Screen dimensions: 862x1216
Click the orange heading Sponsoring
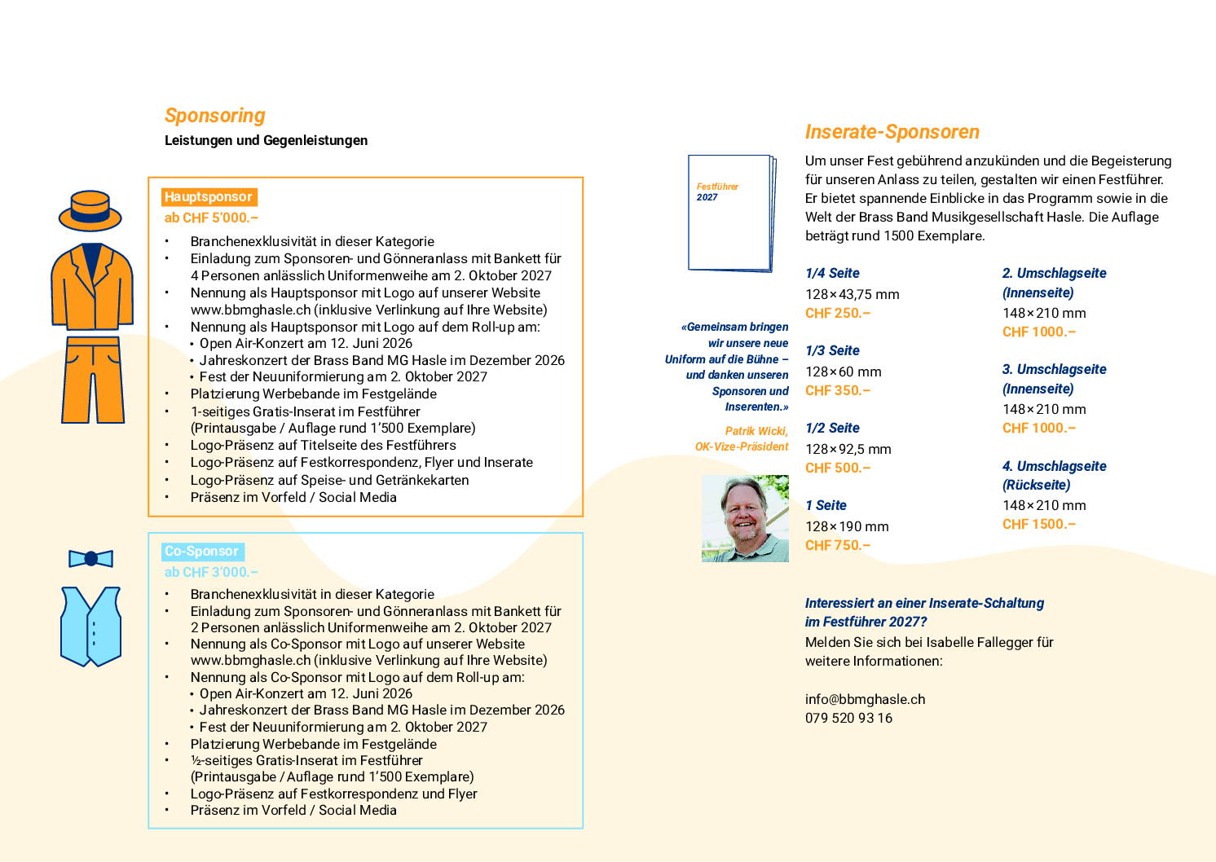point(215,116)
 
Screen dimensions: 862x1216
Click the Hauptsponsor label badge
point(209,197)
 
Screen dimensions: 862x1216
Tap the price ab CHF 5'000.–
point(211,218)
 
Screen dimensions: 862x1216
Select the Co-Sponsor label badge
point(202,552)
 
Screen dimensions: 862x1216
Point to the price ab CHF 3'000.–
point(211,572)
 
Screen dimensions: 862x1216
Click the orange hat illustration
point(90,211)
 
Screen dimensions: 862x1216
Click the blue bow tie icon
point(90,559)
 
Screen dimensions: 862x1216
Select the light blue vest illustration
point(91,625)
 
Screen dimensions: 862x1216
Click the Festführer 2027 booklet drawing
point(731,213)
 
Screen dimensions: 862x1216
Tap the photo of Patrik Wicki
point(745,519)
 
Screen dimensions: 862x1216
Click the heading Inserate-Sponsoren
point(892,132)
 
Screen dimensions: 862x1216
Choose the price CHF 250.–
point(838,313)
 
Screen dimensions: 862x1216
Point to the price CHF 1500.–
point(1038,524)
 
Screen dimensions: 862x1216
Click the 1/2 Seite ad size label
point(832,428)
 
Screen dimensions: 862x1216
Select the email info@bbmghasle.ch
point(865,699)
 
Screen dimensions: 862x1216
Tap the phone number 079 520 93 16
point(848,718)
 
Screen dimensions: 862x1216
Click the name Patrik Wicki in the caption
point(756,431)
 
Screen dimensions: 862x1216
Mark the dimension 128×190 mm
point(847,526)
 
